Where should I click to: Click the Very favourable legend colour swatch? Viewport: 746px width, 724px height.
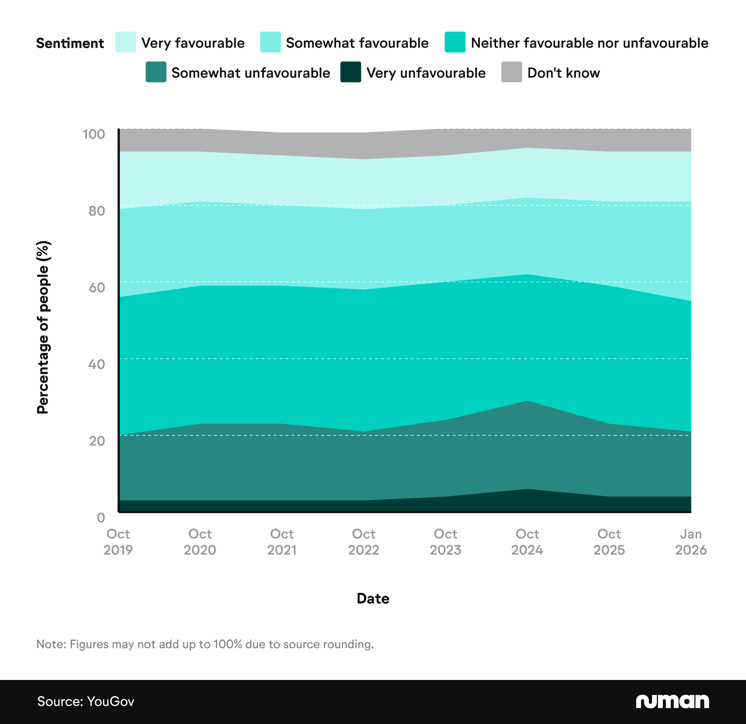tap(125, 42)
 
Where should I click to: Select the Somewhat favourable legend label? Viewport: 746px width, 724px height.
tap(357, 43)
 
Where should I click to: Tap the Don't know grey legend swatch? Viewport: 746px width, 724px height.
tap(511, 72)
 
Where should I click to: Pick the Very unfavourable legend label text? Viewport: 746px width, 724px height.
tap(426, 73)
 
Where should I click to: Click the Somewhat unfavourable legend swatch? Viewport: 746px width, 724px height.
tap(156, 72)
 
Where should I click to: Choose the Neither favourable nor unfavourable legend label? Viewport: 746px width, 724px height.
tap(589, 43)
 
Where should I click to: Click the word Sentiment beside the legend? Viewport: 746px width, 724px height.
tap(70, 43)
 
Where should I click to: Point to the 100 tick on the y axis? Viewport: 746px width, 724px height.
tap(94, 134)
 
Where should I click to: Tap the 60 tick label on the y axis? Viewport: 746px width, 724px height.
tap(97, 287)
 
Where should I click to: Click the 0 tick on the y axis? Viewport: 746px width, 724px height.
tap(100, 518)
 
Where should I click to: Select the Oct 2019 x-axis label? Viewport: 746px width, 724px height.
tap(118, 542)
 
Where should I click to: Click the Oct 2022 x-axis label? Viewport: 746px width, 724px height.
tap(363, 542)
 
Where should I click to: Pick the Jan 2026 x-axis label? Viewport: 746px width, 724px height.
tap(690, 542)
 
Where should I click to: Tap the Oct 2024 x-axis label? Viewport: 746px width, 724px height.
tap(527, 542)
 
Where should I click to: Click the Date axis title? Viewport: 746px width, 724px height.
tap(373, 598)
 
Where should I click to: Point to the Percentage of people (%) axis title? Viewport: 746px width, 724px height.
tap(43, 327)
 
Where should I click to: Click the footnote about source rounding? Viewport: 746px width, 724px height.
tap(205, 644)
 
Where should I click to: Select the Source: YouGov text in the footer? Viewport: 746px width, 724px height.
tap(86, 701)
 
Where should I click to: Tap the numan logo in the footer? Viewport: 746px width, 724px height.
tap(672, 701)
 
